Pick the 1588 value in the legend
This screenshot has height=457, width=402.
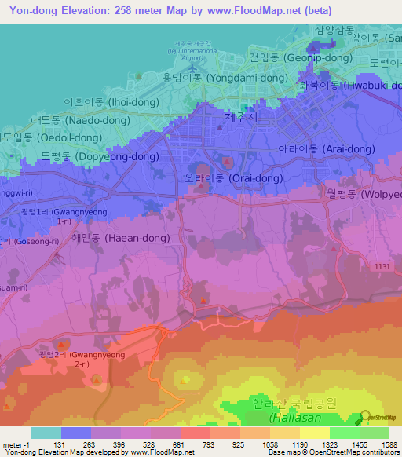coord(389,444)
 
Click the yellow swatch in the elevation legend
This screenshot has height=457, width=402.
coord(314,433)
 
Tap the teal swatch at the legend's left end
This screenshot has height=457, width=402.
coord(46,433)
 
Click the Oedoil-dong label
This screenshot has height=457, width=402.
coord(51,137)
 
